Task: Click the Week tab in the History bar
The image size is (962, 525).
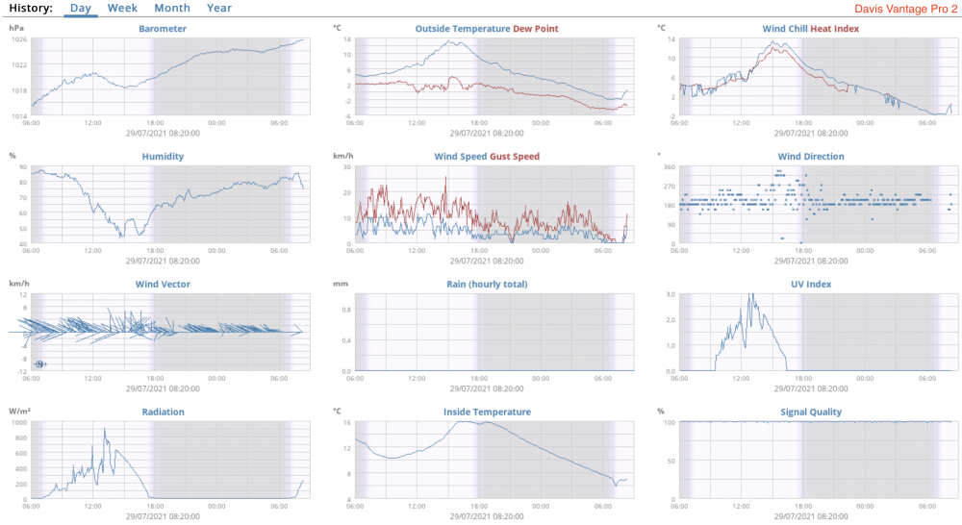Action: (x=122, y=8)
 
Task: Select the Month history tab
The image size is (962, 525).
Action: (x=172, y=8)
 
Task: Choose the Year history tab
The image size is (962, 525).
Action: (x=219, y=8)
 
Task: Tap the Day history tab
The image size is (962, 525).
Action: (x=81, y=8)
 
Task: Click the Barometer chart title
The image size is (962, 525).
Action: (x=164, y=29)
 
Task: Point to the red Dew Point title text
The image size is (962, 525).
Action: (x=536, y=29)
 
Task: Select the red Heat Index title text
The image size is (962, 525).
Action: (x=835, y=29)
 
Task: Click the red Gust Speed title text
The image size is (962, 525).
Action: (x=516, y=157)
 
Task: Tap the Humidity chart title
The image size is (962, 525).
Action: (x=164, y=157)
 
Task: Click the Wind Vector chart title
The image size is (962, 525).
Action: (x=164, y=285)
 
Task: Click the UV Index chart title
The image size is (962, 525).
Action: (x=811, y=285)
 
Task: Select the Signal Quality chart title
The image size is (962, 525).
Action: (x=811, y=412)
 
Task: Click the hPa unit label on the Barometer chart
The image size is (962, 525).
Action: (x=16, y=28)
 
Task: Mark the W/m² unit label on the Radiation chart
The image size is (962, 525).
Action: (x=18, y=412)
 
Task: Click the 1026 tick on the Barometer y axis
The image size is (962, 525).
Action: (x=19, y=38)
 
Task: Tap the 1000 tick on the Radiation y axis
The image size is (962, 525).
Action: (x=19, y=423)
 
